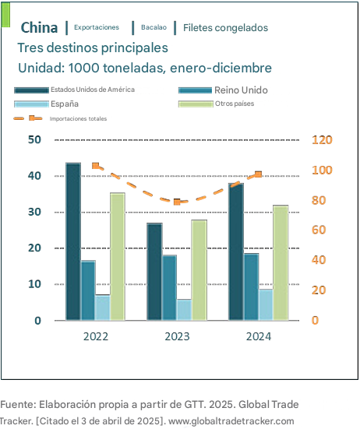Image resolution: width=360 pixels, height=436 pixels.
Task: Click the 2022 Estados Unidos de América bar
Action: [73, 241]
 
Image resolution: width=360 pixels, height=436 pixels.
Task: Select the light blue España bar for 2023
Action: [184, 310]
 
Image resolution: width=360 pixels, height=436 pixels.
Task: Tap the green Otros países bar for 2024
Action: [281, 263]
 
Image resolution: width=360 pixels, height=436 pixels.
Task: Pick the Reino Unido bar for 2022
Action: [88, 290]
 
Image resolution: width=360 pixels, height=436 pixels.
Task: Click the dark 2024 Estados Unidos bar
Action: [236, 251]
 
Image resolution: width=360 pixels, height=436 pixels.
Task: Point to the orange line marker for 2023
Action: [177, 202]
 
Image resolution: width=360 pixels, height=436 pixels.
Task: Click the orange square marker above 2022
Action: [95, 166]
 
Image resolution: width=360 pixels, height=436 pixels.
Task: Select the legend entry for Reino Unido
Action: [223, 90]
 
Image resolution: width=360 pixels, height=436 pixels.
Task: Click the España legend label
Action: [65, 104]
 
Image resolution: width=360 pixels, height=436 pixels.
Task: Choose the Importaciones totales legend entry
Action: [60, 118]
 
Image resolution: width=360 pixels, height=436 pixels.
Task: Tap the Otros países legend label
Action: [235, 104]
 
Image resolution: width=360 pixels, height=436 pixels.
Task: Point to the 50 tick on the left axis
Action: [34, 139]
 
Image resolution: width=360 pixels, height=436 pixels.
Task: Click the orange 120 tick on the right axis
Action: [322, 140]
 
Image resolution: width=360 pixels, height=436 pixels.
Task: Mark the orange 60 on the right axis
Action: [319, 230]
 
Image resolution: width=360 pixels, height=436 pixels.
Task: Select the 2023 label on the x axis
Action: [177, 336]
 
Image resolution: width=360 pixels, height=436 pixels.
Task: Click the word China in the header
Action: [39, 27]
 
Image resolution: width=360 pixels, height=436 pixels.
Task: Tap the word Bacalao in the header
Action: [154, 27]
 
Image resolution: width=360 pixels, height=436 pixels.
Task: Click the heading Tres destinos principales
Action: [93, 47]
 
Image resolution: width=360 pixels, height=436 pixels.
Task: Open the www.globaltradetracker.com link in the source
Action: [231, 421]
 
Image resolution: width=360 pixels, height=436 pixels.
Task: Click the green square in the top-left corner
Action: [5, 15]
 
